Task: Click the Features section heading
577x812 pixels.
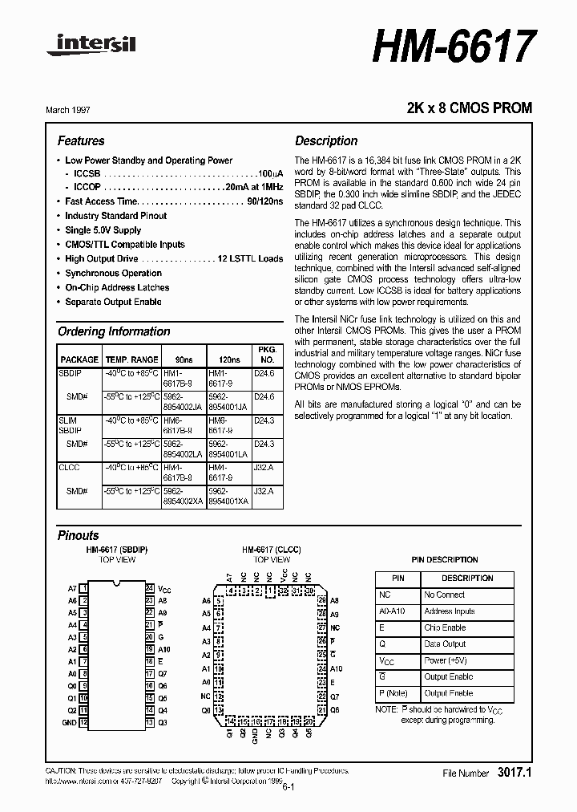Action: tap(81, 140)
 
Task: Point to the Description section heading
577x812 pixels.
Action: tap(326, 140)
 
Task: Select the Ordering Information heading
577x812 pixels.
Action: tap(114, 331)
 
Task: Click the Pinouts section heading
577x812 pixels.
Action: tap(79, 535)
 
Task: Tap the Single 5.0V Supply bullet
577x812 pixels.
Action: tap(103, 230)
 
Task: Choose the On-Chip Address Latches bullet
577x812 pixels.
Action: tap(117, 287)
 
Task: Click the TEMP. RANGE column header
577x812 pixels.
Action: tap(132, 359)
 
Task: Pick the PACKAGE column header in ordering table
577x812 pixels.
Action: tap(79, 359)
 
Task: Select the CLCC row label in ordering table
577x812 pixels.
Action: tap(69, 466)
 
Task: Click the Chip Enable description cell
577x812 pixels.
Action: tap(445, 627)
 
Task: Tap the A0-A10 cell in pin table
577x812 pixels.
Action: tap(393, 611)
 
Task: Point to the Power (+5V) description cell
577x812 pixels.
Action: tap(446, 660)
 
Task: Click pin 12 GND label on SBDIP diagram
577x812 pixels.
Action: tap(71, 722)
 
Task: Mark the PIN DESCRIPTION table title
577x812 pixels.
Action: tap(444, 559)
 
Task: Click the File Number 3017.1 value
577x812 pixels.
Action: tap(514, 773)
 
